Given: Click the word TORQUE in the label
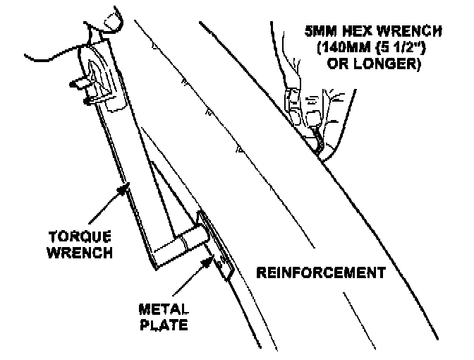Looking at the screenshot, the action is point(80,236).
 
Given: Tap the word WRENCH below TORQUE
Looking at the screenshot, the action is point(80,252).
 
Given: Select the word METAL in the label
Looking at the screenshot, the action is point(164,309).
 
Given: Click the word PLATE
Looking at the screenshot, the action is point(164,325).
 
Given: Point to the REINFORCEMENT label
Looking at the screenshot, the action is point(321,272).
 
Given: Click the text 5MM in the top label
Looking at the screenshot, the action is point(321,32).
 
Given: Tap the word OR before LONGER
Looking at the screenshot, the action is point(338,64).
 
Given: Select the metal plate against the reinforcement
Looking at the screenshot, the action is point(216,245).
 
